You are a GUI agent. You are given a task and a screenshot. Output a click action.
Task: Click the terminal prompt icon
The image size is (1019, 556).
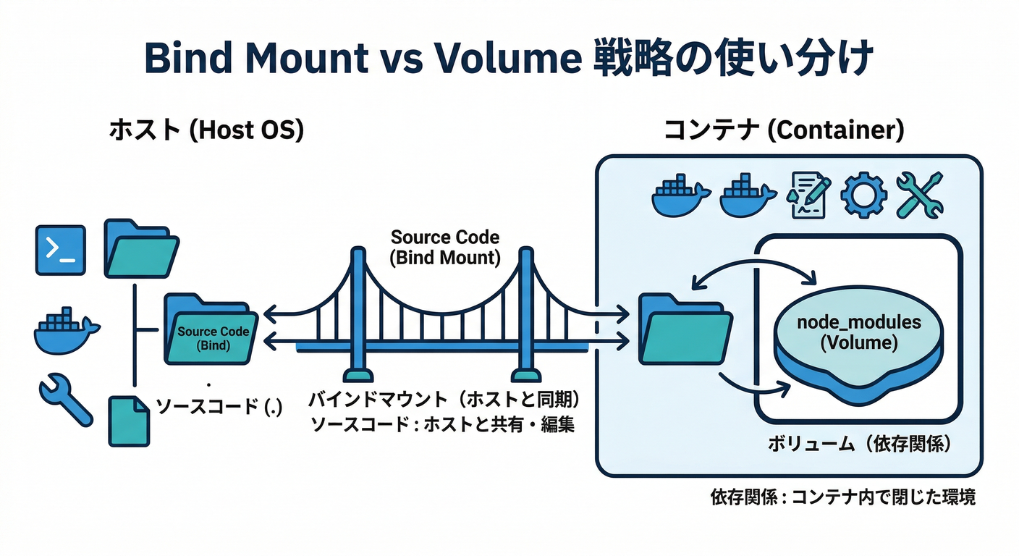click(x=61, y=250)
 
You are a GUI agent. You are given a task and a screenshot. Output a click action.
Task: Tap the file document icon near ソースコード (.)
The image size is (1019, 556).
click(x=129, y=421)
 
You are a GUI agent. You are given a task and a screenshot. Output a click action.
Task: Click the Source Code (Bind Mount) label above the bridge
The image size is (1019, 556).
click(x=444, y=248)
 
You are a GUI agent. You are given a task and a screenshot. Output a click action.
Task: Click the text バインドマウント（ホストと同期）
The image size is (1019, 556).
click(x=446, y=400)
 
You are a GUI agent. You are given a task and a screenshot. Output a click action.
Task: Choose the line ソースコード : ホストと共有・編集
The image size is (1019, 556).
click(x=442, y=424)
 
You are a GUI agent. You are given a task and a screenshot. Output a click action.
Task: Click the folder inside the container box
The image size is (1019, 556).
click(x=685, y=329)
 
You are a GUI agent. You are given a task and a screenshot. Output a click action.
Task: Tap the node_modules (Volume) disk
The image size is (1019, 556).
click(x=859, y=340)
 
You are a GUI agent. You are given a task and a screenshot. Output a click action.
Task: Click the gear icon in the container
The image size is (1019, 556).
click(x=863, y=193)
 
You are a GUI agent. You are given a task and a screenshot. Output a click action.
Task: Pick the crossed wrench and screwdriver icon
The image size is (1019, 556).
click(x=919, y=194)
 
